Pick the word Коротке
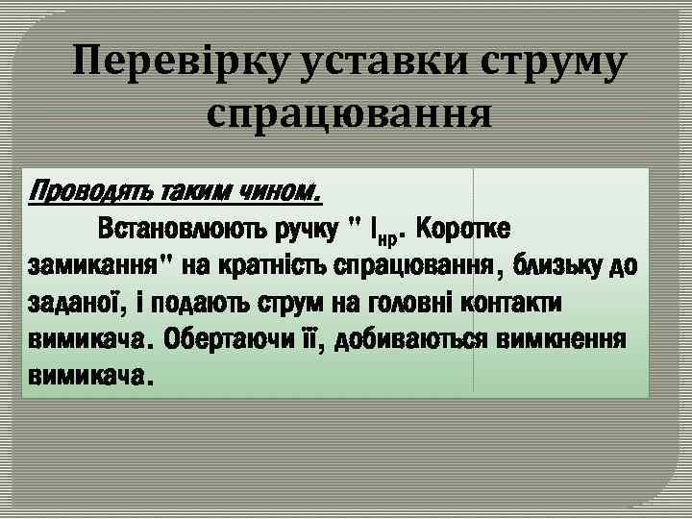(x=465, y=231)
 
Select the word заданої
(x=76, y=303)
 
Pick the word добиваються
(x=405, y=339)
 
